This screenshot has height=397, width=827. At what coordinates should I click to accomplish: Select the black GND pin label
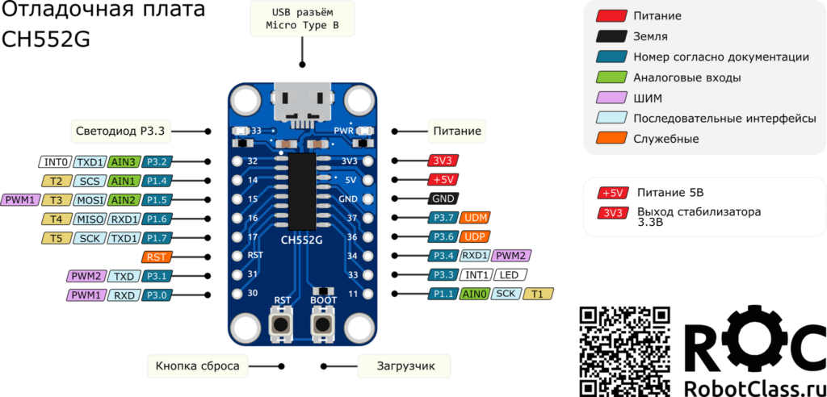[x=443, y=198]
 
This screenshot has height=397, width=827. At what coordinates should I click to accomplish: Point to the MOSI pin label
[x=89, y=199]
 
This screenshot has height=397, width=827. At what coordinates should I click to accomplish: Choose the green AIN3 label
[x=124, y=161]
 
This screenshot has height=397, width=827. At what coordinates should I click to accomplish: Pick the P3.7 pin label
[x=442, y=218]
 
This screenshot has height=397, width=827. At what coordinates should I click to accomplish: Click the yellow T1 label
[x=538, y=295]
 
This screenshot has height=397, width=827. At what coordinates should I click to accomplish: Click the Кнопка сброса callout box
[x=197, y=366]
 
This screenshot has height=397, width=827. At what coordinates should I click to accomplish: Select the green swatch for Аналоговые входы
[x=612, y=78]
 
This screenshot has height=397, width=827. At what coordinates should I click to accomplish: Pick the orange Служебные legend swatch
[x=612, y=139]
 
